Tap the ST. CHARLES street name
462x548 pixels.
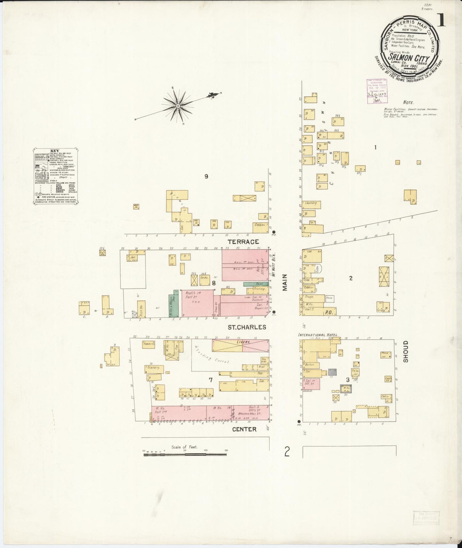click(247, 327)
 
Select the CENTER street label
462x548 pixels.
click(244, 429)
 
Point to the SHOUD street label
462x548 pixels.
click(406, 351)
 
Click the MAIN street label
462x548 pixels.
click(285, 282)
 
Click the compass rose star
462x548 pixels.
click(178, 106)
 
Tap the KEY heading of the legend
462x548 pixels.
click(55, 151)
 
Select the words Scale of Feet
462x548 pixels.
click(184, 447)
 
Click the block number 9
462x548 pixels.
click(206, 176)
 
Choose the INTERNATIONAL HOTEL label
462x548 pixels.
click(317, 335)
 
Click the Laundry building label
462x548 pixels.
click(311, 203)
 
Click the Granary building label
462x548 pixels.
click(154, 368)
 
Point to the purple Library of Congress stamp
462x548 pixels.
click(377, 91)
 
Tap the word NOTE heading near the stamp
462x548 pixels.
click(408, 103)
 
